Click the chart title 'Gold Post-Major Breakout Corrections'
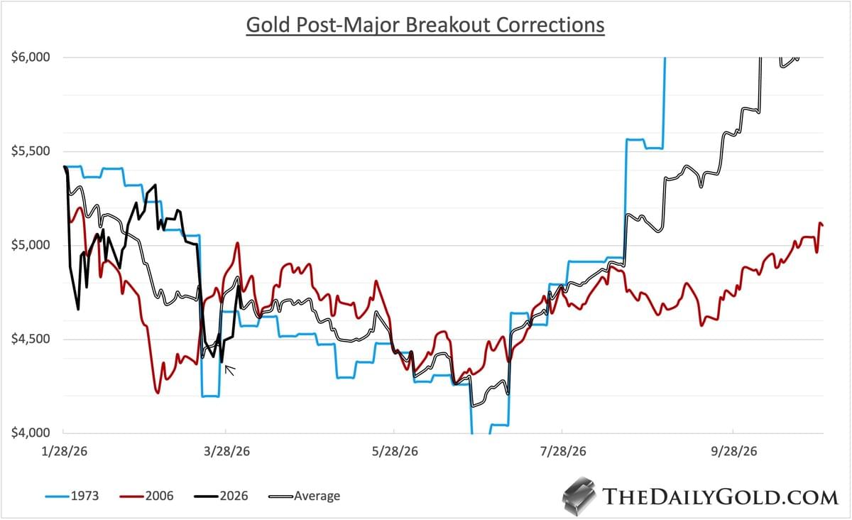tap(425, 25)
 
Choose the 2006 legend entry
tap(151, 496)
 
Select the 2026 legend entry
tap(224, 496)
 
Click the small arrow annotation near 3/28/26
tap(230, 368)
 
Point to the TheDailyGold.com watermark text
tap(719, 496)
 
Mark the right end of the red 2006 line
tap(822, 225)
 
